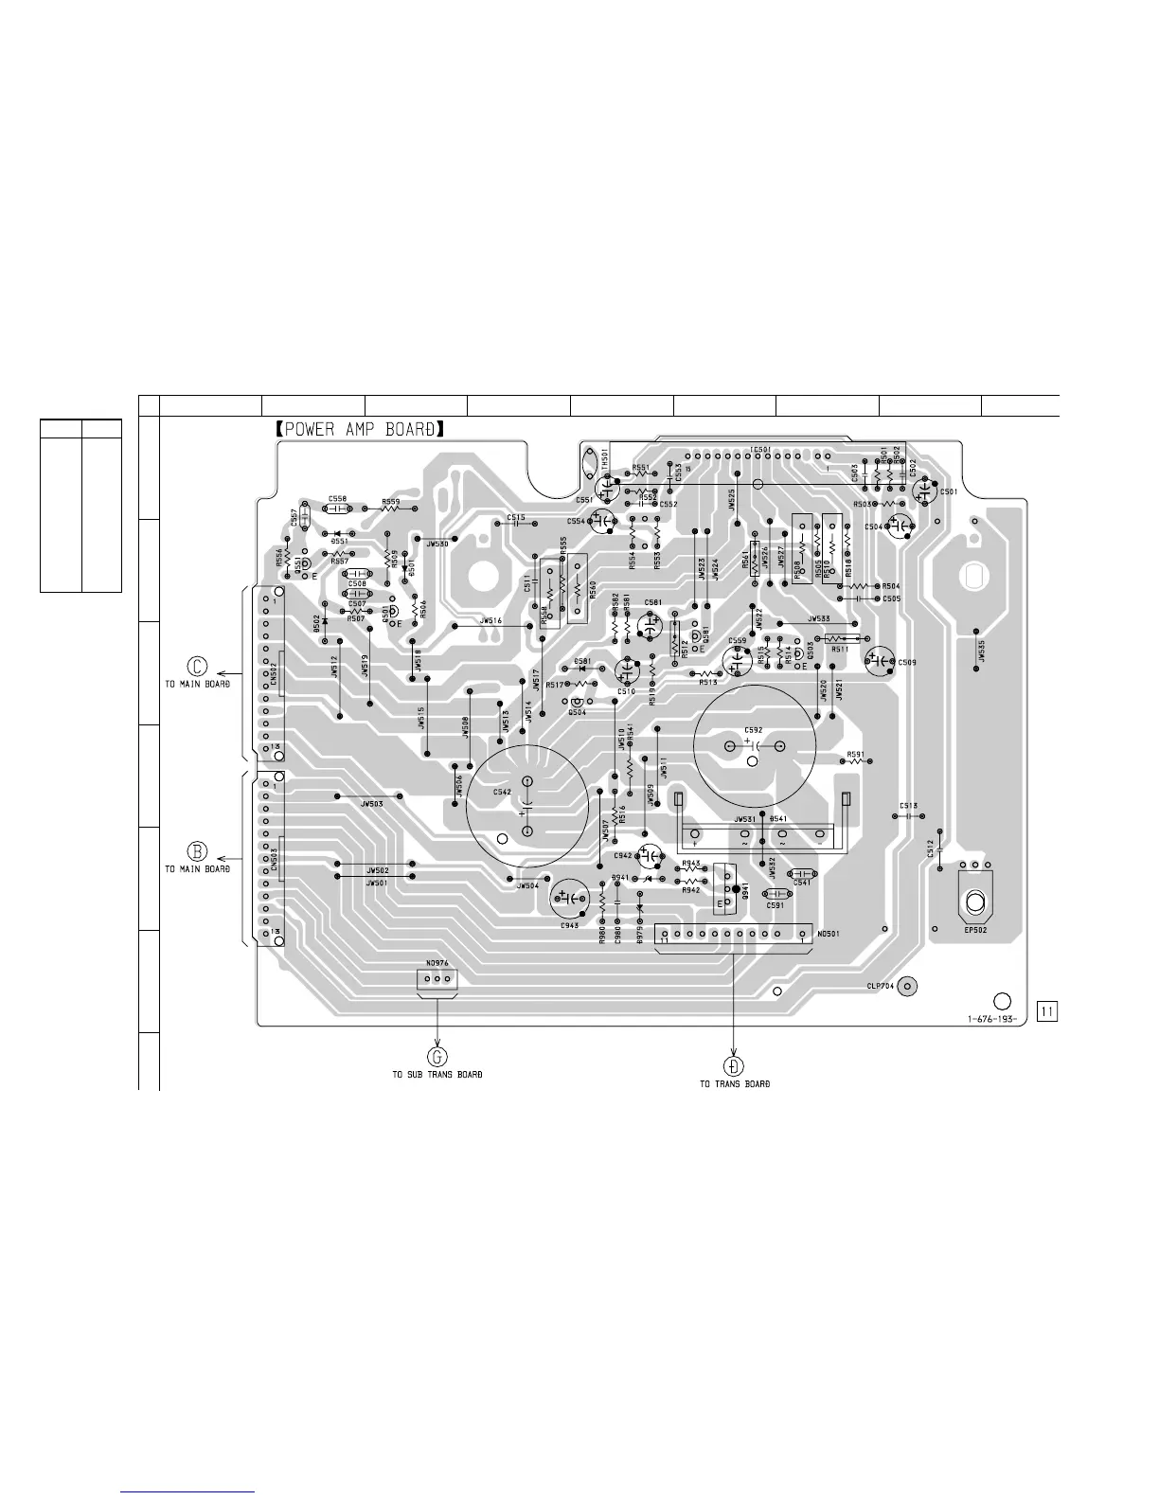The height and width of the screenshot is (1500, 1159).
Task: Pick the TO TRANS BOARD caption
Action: tap(735, 1083)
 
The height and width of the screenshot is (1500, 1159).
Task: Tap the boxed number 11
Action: tap(1047, 1011)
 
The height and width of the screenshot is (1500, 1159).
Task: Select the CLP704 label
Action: tap(881, 986)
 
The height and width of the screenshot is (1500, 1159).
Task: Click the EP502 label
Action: tap(975, 931)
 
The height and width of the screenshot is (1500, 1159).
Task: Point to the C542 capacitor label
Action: tap(503, 791)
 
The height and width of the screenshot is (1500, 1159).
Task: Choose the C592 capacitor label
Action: tap(754, 729)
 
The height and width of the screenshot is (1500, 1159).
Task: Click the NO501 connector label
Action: tap(827, 933)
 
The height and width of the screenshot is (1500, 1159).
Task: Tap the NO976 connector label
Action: tap(437, 963)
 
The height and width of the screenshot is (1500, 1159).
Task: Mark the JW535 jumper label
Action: tap(982, 653)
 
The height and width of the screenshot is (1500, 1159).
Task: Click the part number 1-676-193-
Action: tap(991, 1020)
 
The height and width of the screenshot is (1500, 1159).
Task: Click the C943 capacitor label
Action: tap(570, 925)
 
